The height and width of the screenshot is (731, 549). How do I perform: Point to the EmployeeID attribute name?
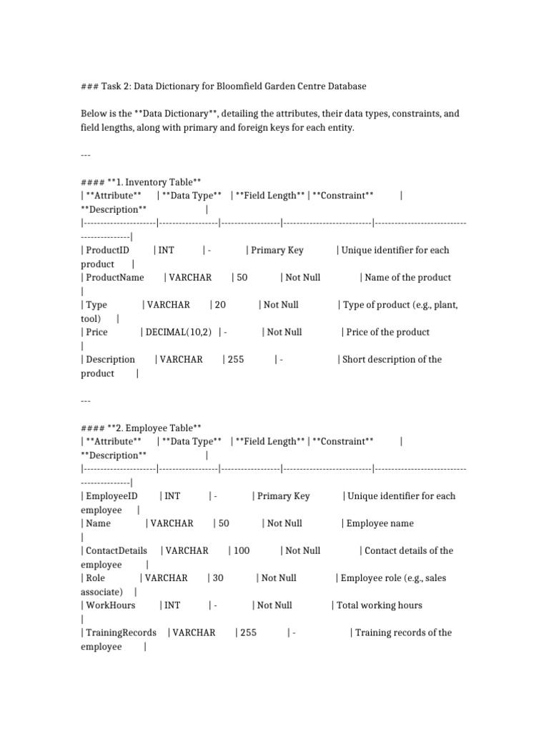pos(111,496)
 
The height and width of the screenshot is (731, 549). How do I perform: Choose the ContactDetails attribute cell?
pos(117,550)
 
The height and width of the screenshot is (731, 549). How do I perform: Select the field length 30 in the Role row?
pos(218,578)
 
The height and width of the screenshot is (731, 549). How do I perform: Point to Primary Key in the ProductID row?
pos(277,250)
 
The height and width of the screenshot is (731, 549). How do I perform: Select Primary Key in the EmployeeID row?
pos(283,496)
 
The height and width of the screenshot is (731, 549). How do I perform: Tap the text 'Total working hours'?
pos(380,605)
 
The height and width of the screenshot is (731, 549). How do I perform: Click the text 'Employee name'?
pos(380,523)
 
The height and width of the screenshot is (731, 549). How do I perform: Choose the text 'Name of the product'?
pos(407,277)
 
